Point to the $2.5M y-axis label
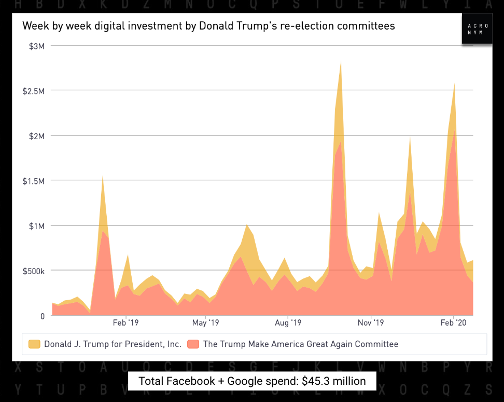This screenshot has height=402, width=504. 34,91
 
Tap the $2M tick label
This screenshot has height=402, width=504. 36,136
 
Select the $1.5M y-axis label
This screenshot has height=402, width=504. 34,181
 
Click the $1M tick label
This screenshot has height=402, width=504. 36,226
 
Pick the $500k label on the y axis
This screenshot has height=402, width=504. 34,271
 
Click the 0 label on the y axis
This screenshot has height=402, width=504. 42,316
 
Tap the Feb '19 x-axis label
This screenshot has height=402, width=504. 126,323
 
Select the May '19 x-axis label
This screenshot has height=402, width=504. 206,323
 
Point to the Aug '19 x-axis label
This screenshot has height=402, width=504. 288,323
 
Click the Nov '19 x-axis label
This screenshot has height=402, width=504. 371,323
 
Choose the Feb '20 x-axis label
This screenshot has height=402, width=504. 454,323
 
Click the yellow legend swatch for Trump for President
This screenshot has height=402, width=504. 34,344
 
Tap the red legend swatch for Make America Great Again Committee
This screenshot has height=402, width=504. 193,344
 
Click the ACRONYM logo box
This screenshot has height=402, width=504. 477,29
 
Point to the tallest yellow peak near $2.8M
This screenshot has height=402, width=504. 341,62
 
